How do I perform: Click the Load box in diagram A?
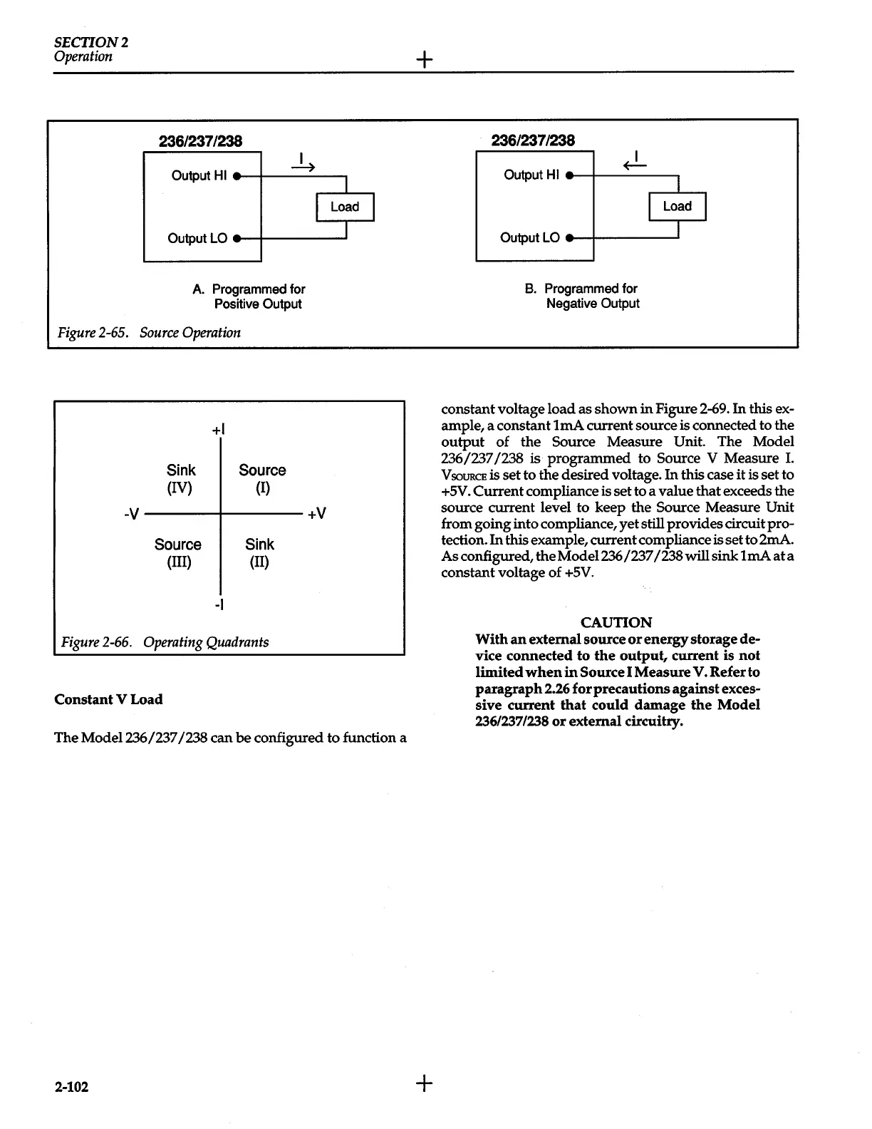click(345, 207)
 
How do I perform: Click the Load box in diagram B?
click(678, 206)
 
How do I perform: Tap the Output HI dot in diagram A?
click(236, 175)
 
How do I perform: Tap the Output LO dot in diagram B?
click(569, 238)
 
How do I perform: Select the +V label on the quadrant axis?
click(316, 513)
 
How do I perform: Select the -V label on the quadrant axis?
click(132, 513)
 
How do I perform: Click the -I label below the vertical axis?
click(219, 604)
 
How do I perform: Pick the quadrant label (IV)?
click(180, 488)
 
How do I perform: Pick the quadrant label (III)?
click(177, 562)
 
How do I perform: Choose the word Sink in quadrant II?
click(259, 545)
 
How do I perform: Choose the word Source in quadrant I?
click(262, 470)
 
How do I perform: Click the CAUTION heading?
click(616, 622)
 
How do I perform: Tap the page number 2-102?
click(71, 1087)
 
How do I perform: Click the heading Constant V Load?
click(108, 699)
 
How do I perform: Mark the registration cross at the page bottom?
click(424, 1083)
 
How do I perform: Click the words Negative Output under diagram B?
click(593, 304)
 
